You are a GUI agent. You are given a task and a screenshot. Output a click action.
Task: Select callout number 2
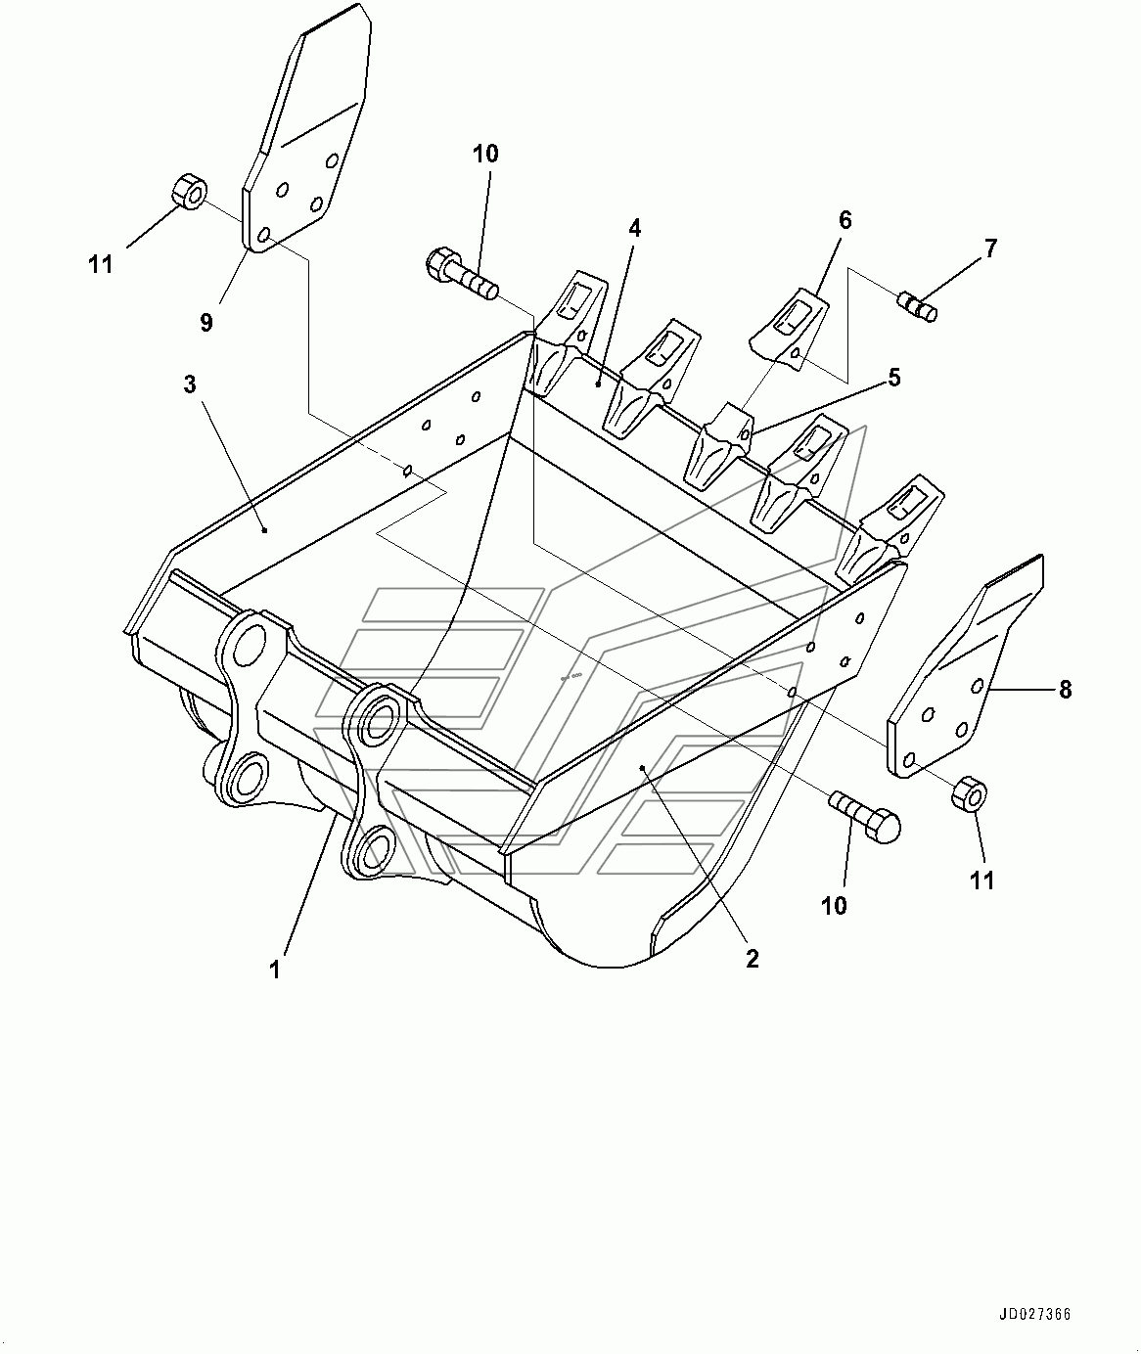[x=752, y=959]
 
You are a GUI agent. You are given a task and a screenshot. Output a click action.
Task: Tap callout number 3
[x=190, y=384]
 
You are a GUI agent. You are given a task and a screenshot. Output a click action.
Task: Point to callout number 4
[x=634, y=229]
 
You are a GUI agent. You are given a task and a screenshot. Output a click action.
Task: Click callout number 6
[x=844, y=220]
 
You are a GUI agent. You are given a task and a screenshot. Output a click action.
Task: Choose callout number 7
[x=990, y=248]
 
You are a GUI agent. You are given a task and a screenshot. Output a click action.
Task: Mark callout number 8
[x=1065, y=690]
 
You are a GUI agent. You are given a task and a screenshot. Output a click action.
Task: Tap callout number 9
[x=206, y=322]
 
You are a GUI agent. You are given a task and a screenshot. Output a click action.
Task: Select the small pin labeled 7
[x=919, y=306]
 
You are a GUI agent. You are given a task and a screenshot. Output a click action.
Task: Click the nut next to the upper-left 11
[x=187, y=191]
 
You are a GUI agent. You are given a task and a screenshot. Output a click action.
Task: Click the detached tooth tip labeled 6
[x=792, y=328]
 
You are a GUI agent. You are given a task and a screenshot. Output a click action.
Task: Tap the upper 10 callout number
[x=485, y=154]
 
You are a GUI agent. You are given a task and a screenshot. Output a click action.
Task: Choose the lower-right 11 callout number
[x=981, y=880]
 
